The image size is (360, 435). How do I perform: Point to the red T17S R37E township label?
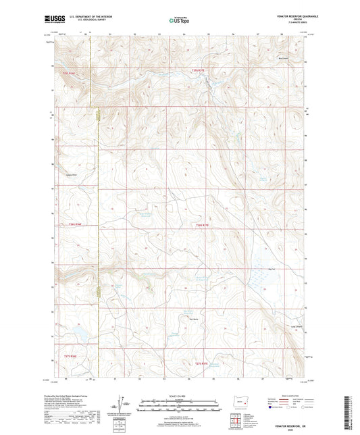(203, 364)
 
